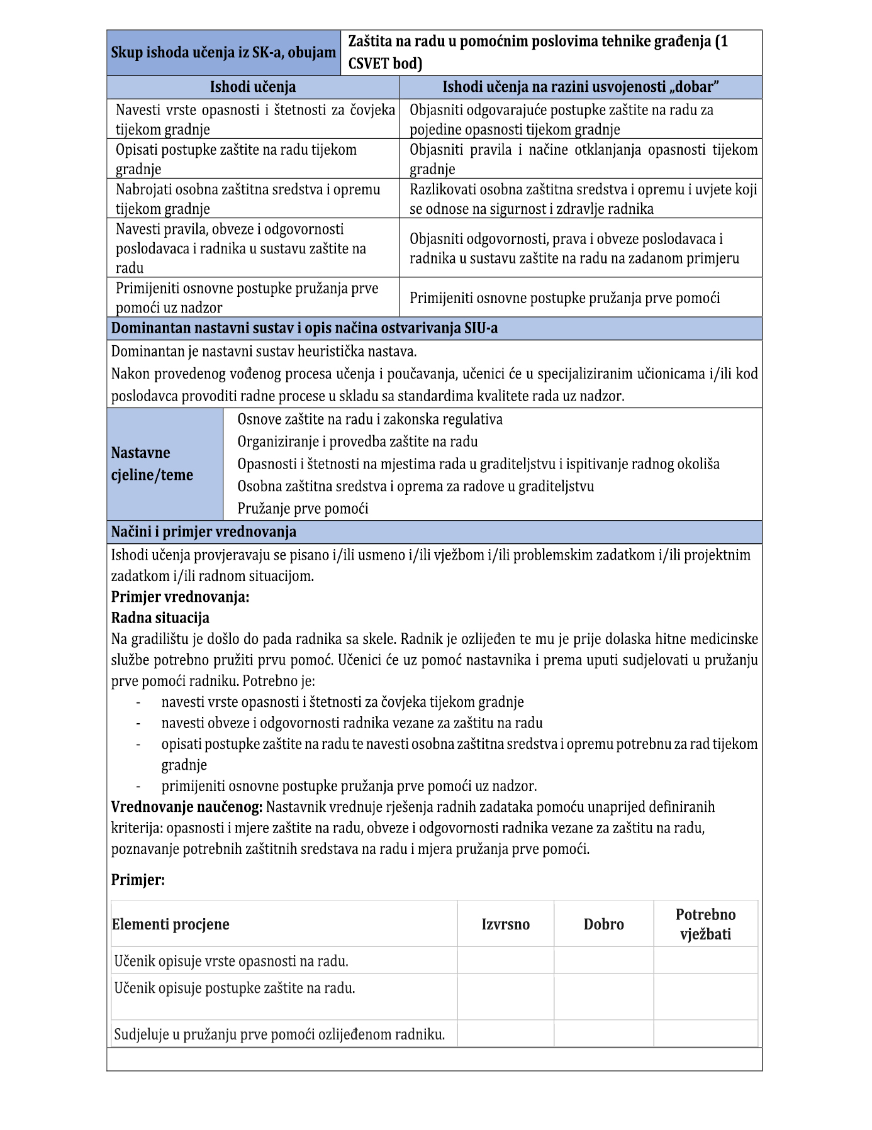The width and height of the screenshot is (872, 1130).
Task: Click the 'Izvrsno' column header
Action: [x=505, y=924]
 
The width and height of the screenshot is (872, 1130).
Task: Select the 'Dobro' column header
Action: [x=603, y=924]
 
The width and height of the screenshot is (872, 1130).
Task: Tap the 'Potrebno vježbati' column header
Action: [x=705, y=924]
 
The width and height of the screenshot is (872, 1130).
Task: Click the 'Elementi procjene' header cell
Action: [x=170, y=924]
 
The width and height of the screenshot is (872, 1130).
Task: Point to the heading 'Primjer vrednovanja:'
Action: [x=180, y=597]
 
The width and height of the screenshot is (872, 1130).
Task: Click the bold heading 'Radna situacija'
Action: [x=160, y=618]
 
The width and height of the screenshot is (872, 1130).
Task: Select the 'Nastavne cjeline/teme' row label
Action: [x=152, y=463]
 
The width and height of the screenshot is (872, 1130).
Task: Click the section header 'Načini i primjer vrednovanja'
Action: [x=203, y=531]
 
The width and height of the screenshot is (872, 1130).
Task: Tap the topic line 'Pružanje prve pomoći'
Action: [x=303, y=508]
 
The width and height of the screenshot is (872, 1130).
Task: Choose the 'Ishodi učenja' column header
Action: [x=252, y=87]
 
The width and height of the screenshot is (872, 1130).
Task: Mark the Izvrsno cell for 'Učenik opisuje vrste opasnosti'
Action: [x=505, y=960]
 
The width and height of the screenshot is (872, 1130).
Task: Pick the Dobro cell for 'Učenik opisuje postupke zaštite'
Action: [x=603, y=996]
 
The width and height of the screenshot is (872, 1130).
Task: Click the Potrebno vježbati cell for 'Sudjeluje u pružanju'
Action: [x=705, y=1033]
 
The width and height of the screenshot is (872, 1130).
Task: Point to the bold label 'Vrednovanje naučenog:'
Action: [x=187, y=806]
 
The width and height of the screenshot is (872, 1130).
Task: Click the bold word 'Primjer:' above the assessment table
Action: [x=138, y=879]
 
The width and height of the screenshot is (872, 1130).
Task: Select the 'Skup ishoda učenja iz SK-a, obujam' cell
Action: [x=223, y=52]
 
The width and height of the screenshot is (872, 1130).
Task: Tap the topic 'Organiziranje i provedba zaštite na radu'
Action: [x=357, y=441]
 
